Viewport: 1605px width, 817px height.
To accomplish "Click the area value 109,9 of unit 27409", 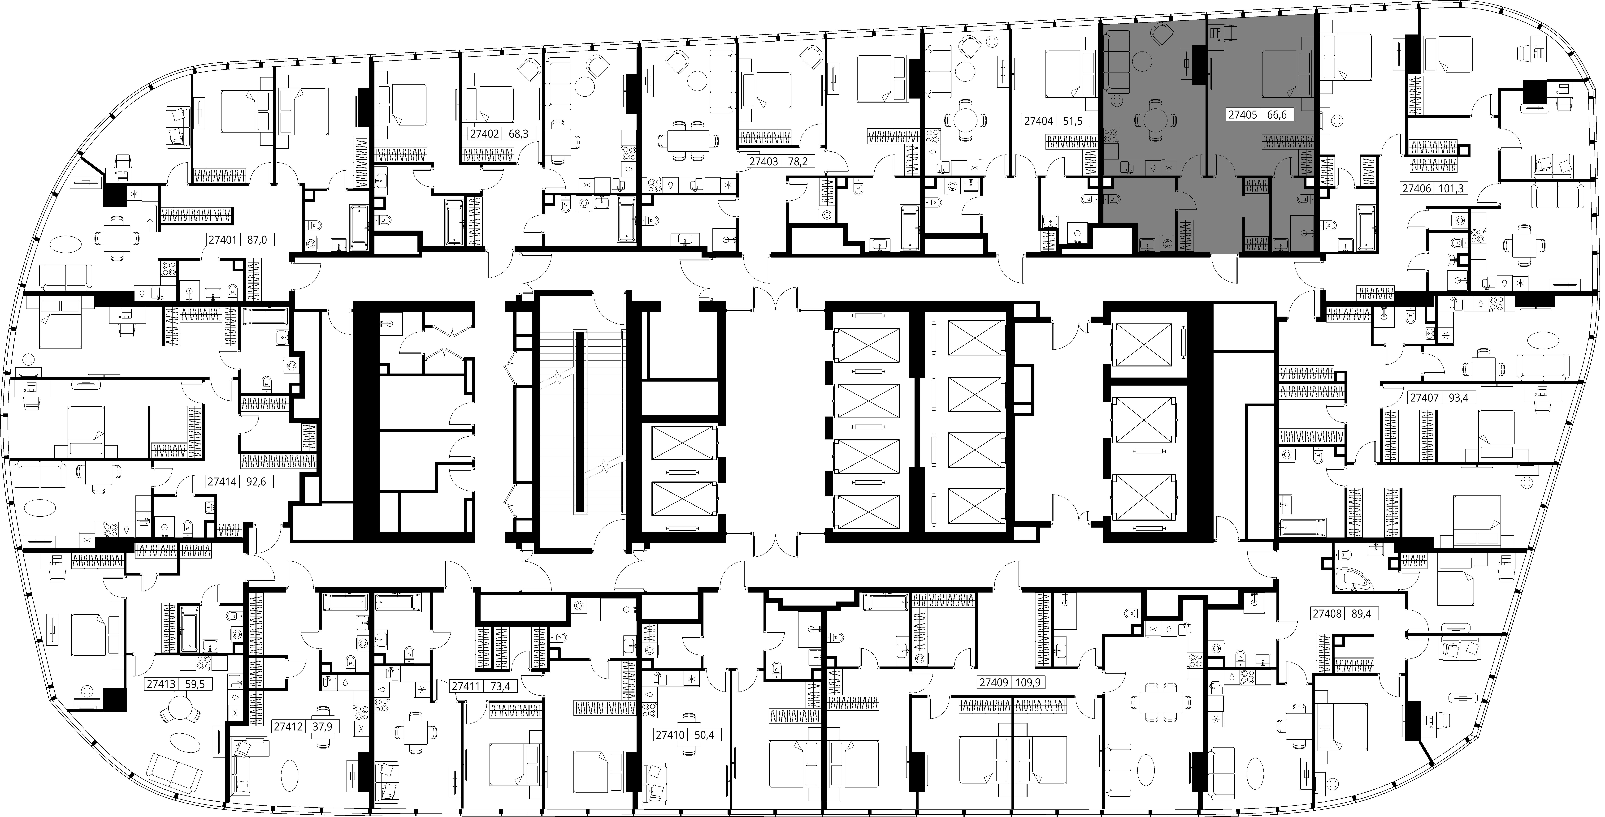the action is coord(1029,683).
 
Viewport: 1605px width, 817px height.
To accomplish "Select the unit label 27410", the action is coord(670,735).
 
